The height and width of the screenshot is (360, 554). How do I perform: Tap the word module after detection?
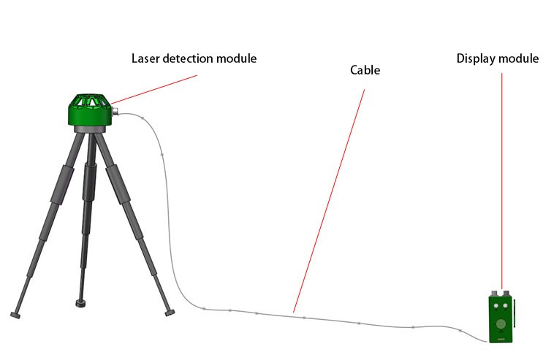point(236,58)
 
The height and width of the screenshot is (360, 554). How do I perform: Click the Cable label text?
point(365,70)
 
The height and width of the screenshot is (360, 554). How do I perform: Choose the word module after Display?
point(518,58)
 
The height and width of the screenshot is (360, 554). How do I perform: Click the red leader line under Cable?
point(329,202)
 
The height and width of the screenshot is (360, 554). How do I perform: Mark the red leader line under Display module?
point(501,181)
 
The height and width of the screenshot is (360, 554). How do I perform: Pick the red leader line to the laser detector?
point(154,89)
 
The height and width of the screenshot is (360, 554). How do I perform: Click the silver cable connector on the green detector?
point(115,112)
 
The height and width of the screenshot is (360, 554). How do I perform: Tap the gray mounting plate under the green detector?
point(90,129)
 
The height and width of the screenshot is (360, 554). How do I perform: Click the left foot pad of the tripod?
point(15,315)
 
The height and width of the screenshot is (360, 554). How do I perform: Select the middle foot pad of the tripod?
point(83,303)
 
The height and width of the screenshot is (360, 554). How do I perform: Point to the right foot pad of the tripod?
point(170,313)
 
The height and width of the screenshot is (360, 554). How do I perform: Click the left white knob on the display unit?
point(496,306)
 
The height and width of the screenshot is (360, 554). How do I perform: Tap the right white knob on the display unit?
point(505,306)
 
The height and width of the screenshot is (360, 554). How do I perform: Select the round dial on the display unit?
point(501,323)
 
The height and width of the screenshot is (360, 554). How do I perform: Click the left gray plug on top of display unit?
point(495,294)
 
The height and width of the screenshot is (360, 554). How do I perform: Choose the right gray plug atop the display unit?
point(506,294)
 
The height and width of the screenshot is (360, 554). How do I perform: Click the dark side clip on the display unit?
point(514,313)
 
